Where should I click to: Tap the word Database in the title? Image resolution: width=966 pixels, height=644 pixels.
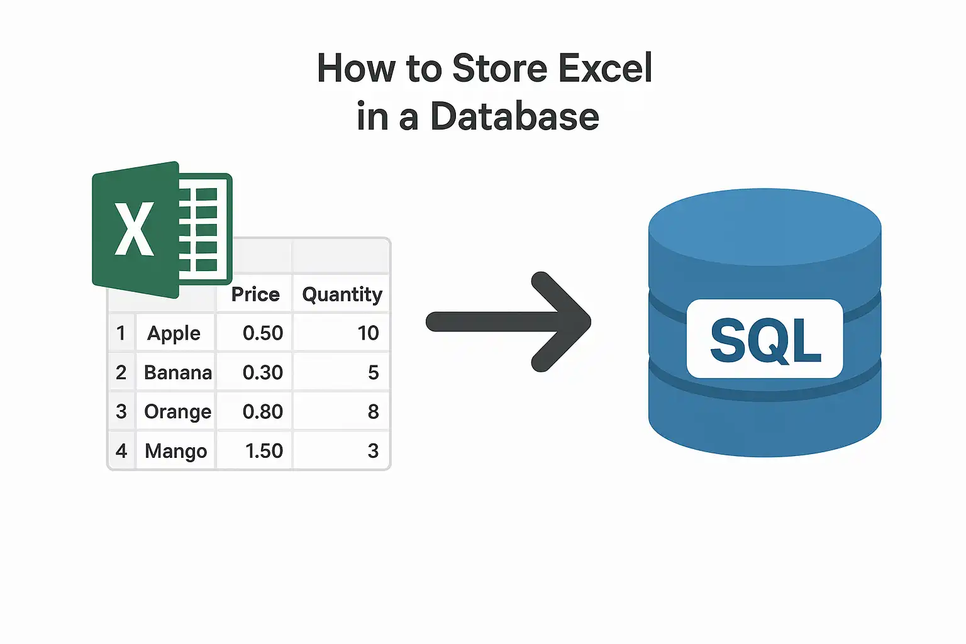point(514,116)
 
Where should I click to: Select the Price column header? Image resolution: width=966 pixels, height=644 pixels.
point(255,294)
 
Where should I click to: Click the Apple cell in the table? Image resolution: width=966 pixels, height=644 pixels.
point(174,333)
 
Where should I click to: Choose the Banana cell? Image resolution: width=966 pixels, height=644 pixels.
point(178,372)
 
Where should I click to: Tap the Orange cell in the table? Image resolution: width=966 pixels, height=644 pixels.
point(178,412)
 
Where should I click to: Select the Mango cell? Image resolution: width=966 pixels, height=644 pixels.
point(175,451)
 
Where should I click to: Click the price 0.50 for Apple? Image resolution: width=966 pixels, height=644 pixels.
point(263,333)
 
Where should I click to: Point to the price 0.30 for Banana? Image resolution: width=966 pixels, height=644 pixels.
point(263,372)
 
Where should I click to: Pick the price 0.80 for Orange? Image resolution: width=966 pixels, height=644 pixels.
point(263,411)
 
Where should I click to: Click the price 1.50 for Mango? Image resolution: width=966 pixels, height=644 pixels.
point(264,451)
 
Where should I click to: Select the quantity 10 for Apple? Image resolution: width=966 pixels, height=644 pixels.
point(369,333)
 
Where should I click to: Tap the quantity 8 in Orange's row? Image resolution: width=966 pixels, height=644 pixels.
point(374,411)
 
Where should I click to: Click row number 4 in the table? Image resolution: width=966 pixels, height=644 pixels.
point(121,451)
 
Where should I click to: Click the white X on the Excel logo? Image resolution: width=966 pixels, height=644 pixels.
point(134,229)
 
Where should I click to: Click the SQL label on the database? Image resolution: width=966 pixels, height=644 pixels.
point(765,340)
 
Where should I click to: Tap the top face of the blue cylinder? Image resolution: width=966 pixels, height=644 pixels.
point(765,226)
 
